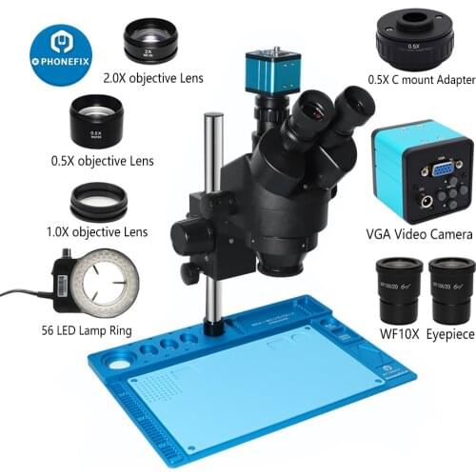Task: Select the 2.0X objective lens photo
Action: click(x=150, y=42)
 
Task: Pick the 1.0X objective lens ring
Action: click(x=98, y=202)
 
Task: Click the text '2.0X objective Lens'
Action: click(x=152, y=78)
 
